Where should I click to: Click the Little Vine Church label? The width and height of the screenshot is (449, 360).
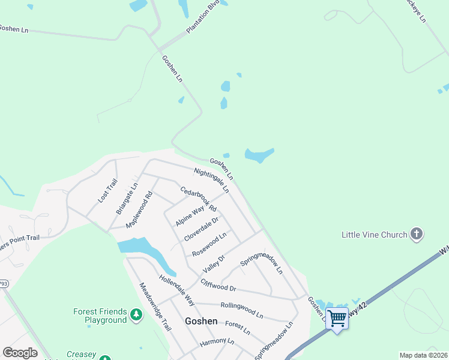pos(374,235)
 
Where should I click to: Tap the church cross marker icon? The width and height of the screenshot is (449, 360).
pos(417,235)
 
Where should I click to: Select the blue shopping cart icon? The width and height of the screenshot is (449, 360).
pos(337,317)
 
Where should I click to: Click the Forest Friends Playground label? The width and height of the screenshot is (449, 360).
pos(100,316)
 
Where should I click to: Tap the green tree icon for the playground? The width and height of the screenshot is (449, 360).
pos(137,315)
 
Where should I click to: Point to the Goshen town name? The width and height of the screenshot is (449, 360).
pos(201,321)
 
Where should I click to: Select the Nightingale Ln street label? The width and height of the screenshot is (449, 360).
pos(211,180)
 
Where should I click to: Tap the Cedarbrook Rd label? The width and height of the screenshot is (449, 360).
pos(199,199)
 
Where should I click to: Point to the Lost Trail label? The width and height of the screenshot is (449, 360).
pos(108,190)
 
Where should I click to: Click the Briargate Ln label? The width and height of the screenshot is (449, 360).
pos(127,199)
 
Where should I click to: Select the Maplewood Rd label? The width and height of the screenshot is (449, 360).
pos(140,209)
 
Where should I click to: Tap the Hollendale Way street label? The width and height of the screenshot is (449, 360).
pos(176,290)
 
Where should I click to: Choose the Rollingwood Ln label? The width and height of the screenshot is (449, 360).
pos(242,310)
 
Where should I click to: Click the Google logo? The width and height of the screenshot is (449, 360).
pos(20,353)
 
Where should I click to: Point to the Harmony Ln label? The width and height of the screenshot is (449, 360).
pos(217,342)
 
